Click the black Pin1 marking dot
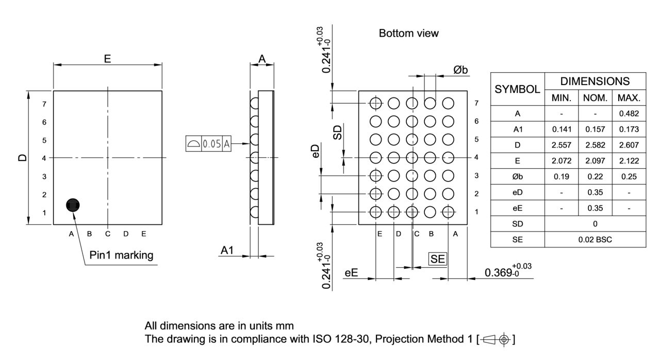[73, 205]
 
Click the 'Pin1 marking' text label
[121, 255]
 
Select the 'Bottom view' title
[408, 34]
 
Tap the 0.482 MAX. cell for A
[629, 113]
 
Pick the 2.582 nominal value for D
[595, 144]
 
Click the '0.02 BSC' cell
[595, 239]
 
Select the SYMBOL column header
[517, 89]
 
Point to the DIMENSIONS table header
[595, 81]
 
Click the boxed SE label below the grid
[437, 259]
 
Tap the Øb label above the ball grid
[460, 70]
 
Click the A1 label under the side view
[227, 250]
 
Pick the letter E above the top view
[107, 59]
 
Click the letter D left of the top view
[22, 157]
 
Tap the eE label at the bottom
[351, 273]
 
